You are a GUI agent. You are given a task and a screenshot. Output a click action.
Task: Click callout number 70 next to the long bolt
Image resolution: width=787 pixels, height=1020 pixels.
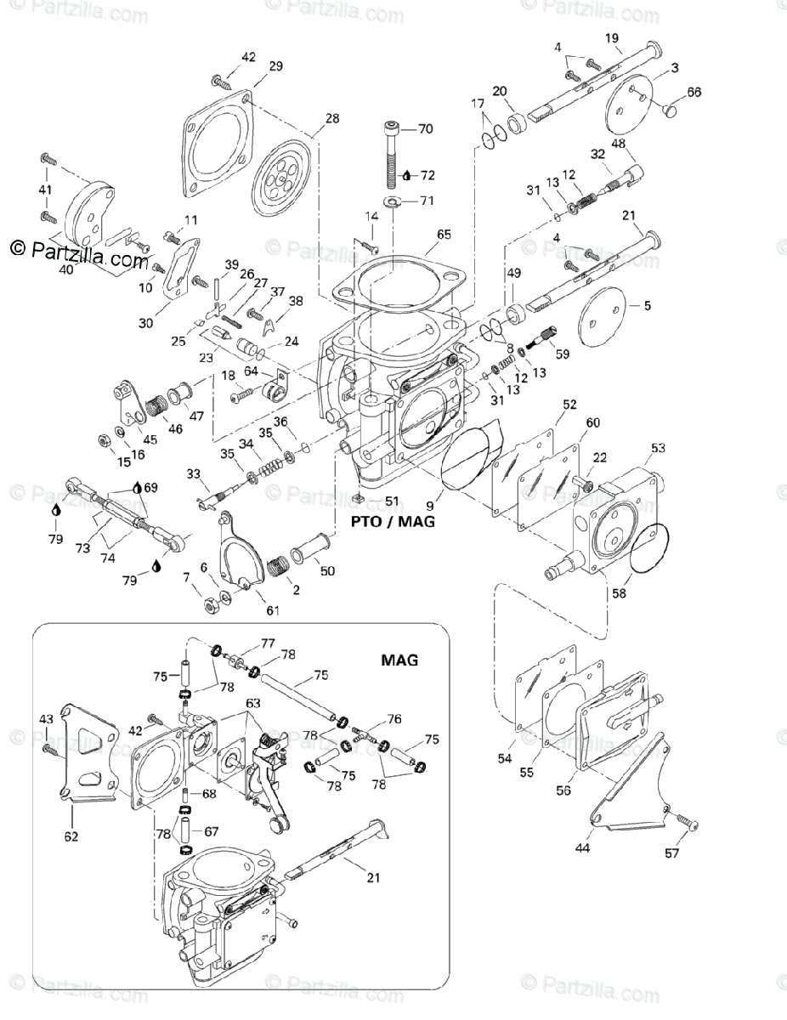[425, 129]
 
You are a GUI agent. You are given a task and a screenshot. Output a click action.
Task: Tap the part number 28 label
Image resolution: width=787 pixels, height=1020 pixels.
[331, 118]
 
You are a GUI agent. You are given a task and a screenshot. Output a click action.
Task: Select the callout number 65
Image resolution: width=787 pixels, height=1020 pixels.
[443, 234]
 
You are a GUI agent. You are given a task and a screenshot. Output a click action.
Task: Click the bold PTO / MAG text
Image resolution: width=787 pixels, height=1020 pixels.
[393, 521]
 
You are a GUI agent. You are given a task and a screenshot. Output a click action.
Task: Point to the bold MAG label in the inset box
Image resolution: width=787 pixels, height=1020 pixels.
[399, 660]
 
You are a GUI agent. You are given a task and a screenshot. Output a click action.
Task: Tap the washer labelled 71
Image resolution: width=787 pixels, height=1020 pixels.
[393, 202]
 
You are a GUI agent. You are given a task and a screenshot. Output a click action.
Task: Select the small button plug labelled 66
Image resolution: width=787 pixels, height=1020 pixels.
[671, 110]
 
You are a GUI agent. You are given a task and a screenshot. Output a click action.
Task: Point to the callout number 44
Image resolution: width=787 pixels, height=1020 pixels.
[581, 847]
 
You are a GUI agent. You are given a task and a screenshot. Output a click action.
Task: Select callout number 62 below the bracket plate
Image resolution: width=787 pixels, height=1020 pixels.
[71, 836]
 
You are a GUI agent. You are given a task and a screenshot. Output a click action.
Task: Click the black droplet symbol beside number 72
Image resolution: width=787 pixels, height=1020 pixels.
[407, 175]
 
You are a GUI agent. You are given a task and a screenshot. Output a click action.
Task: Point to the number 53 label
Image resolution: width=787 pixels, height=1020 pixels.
[658, 448]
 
